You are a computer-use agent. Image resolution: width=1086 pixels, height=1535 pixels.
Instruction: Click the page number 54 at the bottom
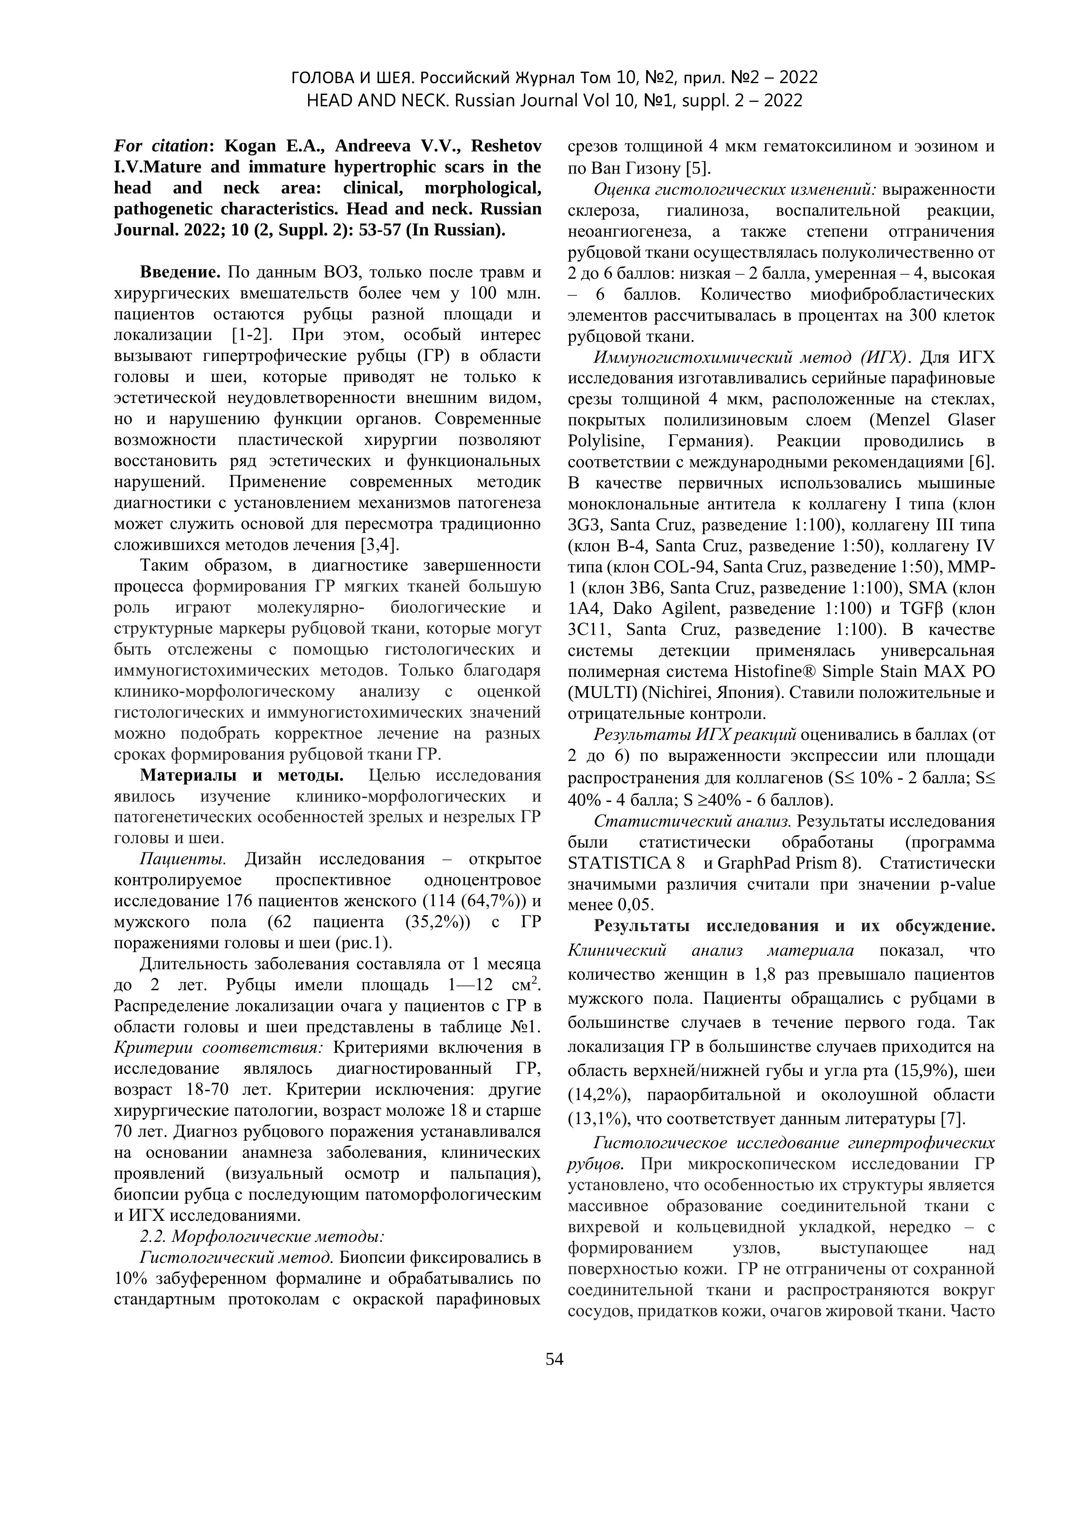tap(554, 1359)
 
